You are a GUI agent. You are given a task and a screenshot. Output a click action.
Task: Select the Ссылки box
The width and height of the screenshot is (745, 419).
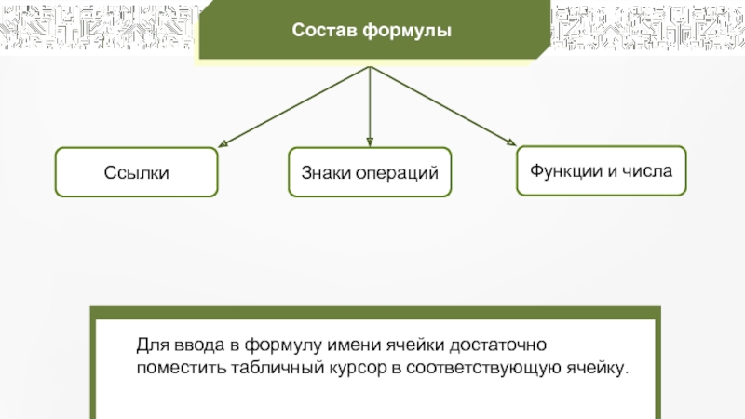pos(136,172)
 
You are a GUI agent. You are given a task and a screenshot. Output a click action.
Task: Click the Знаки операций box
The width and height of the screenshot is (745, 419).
pos(370,172)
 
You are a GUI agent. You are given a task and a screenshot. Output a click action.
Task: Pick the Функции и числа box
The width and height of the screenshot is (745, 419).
pos(601,170)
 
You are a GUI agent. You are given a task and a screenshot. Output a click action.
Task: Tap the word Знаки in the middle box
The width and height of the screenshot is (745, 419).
pos(323,173)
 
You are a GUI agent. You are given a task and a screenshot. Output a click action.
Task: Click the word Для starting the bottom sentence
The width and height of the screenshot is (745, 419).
pos(150,345)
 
